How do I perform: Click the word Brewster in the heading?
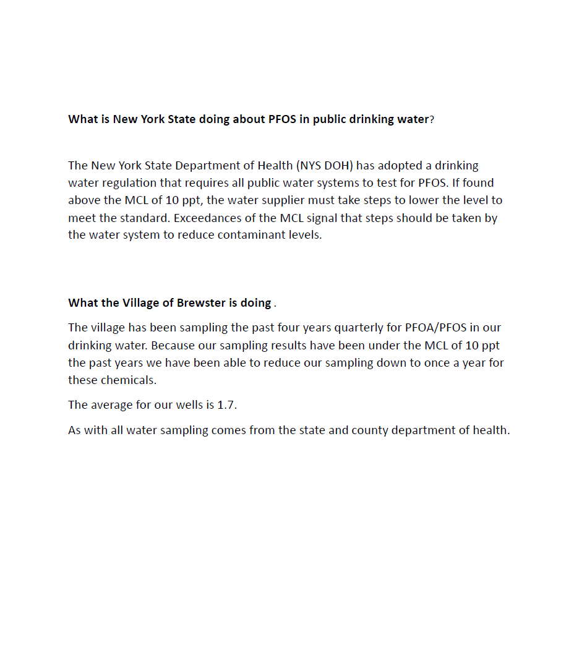[x=201, y=303]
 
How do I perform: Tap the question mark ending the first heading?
[x=432, y=119]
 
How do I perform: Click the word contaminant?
[x=253, y=235]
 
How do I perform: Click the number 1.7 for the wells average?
[x=226, y=406]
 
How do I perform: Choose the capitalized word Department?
[x=223, y=166]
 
